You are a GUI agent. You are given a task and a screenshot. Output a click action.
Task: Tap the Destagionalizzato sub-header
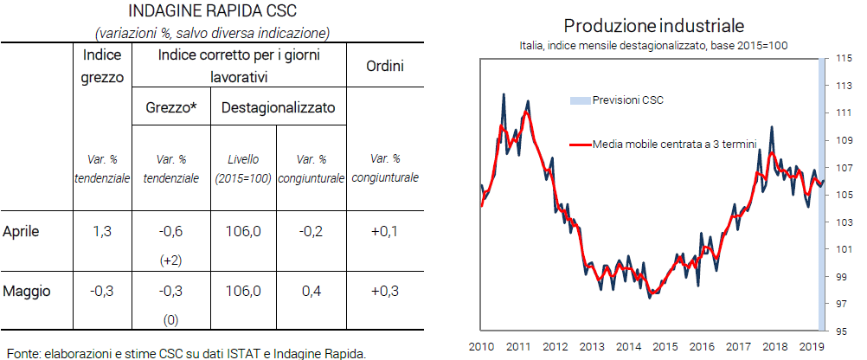278,110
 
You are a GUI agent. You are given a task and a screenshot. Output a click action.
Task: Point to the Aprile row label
22,231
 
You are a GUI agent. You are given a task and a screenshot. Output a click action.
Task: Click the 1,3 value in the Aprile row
101,231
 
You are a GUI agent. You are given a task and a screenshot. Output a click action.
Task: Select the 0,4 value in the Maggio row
311,291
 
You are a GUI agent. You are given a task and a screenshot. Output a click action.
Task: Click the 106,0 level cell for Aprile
243,231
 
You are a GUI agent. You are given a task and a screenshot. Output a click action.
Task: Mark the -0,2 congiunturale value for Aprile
311,231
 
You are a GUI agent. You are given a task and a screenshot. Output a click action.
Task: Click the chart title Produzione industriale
654,25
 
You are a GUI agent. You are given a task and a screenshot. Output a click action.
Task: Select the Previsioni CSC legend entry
627,100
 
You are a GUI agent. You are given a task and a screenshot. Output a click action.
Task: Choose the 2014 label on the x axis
628,347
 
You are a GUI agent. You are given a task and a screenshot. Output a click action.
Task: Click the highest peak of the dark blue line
504,94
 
